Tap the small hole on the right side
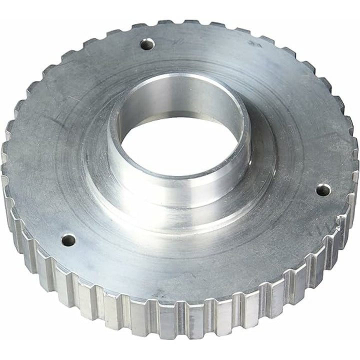point(324,190)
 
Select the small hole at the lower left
point(68,240)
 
